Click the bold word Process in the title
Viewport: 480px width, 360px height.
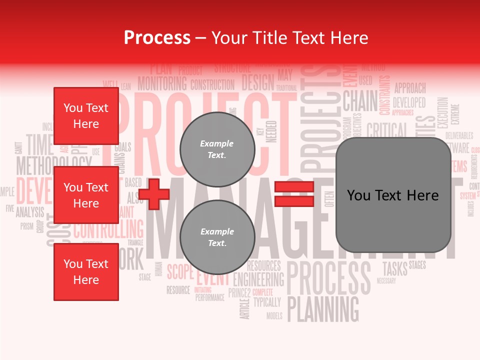[157, 38]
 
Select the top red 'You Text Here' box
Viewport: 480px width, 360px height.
[86, 116]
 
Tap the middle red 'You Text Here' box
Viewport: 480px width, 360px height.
[86, 195]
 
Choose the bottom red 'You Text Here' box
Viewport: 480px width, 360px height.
[86, 272]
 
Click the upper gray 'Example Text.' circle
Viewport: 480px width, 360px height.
[217, 149]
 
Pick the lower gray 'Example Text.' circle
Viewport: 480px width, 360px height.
[217, 237]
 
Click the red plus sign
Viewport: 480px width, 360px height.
[154, 195]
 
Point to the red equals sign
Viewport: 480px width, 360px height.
[294, 194]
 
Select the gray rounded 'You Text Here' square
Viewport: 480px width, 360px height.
[393, 195]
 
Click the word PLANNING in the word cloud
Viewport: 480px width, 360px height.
[323, 309]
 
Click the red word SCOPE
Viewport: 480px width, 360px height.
[179, 272]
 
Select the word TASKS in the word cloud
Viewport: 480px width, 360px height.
[394, 268]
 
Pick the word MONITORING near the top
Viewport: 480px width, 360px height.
[162, 83]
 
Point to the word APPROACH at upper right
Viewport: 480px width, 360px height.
[410, 88]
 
